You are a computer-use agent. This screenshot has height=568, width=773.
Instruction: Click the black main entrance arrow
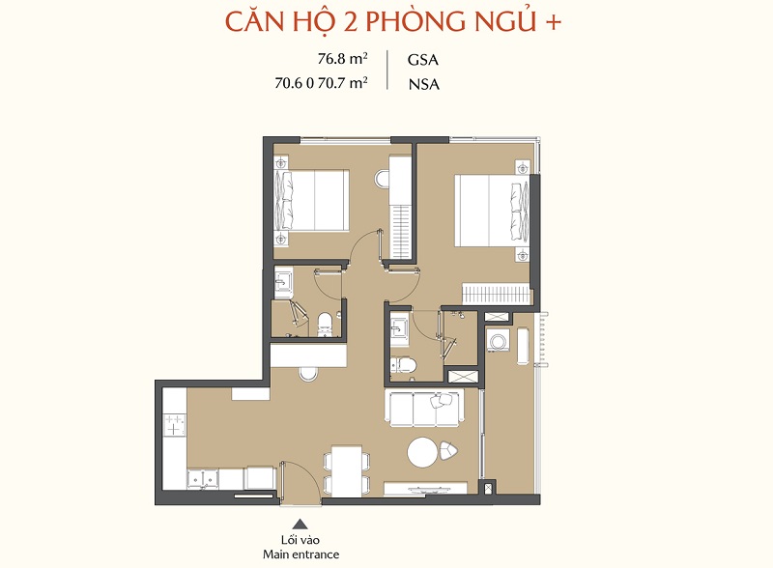coord(301,524)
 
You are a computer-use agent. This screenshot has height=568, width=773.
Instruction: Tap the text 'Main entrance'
coord(301,554)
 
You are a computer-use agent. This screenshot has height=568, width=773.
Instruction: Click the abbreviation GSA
coord(423,60)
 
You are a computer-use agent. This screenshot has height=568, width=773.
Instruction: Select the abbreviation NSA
coord(423,84)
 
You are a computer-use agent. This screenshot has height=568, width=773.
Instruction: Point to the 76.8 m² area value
coord(343,59)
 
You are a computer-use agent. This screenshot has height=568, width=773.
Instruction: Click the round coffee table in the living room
coord(422,453)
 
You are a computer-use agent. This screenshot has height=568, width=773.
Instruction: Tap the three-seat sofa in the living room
coord(425,408)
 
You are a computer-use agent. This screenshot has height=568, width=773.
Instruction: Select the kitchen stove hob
coord(174,425)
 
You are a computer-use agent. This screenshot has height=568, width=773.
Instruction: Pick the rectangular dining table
coord(348,471)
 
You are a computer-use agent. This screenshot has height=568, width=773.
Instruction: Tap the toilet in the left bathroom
coord(325,325)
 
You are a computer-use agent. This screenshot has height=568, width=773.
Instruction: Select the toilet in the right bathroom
coord(404,365)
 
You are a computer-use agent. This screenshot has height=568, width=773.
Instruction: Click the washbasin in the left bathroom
coord(283,282)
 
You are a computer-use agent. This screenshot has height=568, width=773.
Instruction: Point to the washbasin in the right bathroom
coord(399,327)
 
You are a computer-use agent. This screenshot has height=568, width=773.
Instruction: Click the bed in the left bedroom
coord(311,200)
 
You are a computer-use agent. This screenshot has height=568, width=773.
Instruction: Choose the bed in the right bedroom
coord(491,210)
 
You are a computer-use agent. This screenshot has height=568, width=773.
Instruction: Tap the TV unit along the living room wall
coord(425,487)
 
